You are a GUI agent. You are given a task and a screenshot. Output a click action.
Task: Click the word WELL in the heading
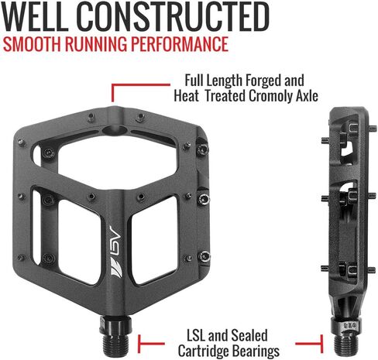[x=35, y=16]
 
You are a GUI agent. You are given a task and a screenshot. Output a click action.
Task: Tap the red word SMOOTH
[x=32, y=44]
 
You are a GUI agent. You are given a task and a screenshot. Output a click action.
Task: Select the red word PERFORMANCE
[x=180, y=44]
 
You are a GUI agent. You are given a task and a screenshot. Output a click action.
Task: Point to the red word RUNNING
[x=96, y=44]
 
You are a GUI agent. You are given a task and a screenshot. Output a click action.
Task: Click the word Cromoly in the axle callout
[x=271, y=96]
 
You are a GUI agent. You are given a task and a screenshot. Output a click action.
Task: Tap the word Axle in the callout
[x=307, y=96]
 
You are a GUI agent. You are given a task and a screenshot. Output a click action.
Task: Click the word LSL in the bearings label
[x=196, y=336]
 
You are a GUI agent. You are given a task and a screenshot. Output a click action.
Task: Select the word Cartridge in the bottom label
[x=202, y=351]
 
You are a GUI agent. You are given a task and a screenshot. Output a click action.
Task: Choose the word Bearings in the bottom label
[x=255, y=351]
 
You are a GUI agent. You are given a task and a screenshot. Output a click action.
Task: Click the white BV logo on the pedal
[x=116, y=252]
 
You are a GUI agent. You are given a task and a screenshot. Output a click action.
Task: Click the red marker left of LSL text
[x=151, y=344]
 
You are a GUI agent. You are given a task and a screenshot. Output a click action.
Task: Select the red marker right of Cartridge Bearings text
[x=309, y=344]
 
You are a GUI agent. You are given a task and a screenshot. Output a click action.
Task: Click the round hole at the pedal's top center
[x=115, y=130]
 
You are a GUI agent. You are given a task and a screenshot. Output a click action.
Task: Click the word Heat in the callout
[x=186, y=96]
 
